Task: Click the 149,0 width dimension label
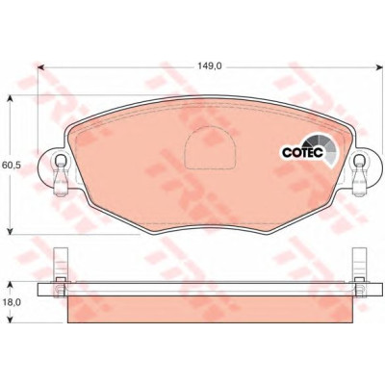click(210, 66)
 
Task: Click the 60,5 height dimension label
click(12, 165)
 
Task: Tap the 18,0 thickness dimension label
click(12, 303)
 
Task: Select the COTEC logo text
click(302, 153)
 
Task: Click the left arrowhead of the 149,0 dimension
click(40, 67)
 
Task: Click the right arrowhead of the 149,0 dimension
click(378, 67)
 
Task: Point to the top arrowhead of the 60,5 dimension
click(11, 98)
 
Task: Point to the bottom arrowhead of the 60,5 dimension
click(11, 231)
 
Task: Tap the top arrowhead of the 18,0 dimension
click(11, 285)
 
